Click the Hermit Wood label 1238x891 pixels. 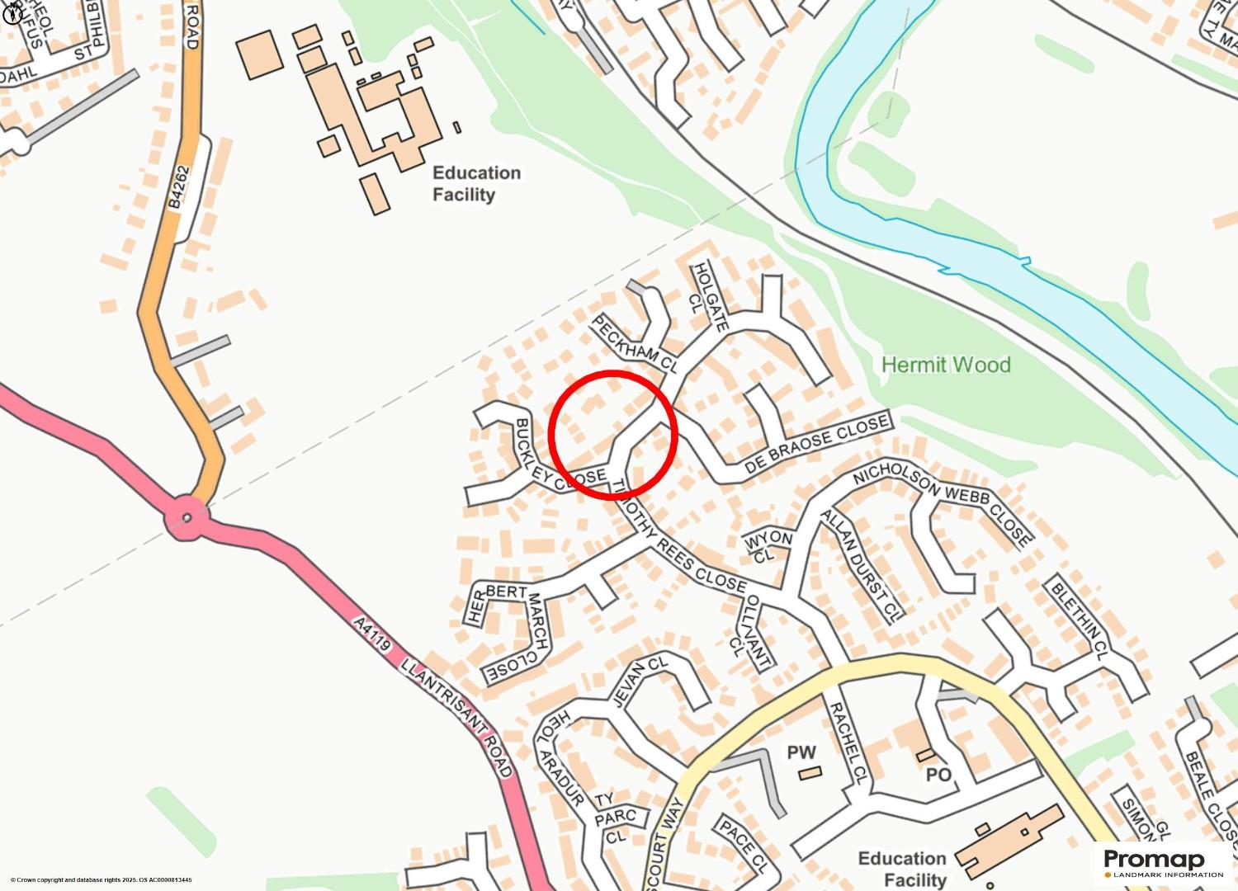946,365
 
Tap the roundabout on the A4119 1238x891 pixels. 187,518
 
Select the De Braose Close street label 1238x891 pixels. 817,445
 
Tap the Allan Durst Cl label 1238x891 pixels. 858,565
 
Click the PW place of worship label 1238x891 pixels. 801,752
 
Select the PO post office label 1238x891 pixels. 938,775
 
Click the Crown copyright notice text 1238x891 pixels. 101,880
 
